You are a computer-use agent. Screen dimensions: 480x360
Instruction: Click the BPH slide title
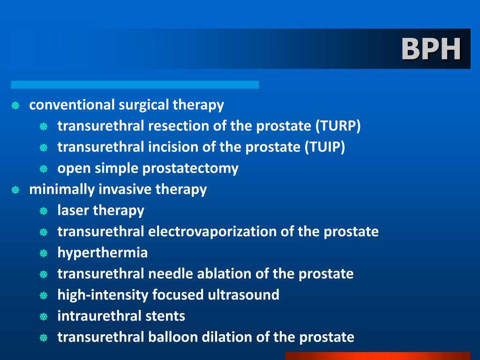(x=431, y=49)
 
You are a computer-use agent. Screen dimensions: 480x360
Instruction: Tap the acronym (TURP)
(x=338, y=126)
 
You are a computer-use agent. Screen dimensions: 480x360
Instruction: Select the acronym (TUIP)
(x=325, y=147)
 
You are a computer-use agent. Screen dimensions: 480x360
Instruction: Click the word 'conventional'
(x=72, y=105)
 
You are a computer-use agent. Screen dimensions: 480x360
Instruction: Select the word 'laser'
(x=73, y=210)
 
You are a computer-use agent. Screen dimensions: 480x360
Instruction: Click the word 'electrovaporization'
(x=212, y=232)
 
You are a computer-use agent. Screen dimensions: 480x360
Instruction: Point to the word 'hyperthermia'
(x=103, y=253)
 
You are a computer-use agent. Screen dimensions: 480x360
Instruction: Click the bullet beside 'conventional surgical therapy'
(x=15, y=105)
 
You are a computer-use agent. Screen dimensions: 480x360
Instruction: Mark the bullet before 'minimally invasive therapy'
(x=15, y=190)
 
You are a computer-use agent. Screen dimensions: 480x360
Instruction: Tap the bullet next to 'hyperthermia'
(x=44, y=254)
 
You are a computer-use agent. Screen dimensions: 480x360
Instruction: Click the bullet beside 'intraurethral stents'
(x=44, y=317)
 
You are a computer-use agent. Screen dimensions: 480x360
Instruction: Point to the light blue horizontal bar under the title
(x=135, y=85)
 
